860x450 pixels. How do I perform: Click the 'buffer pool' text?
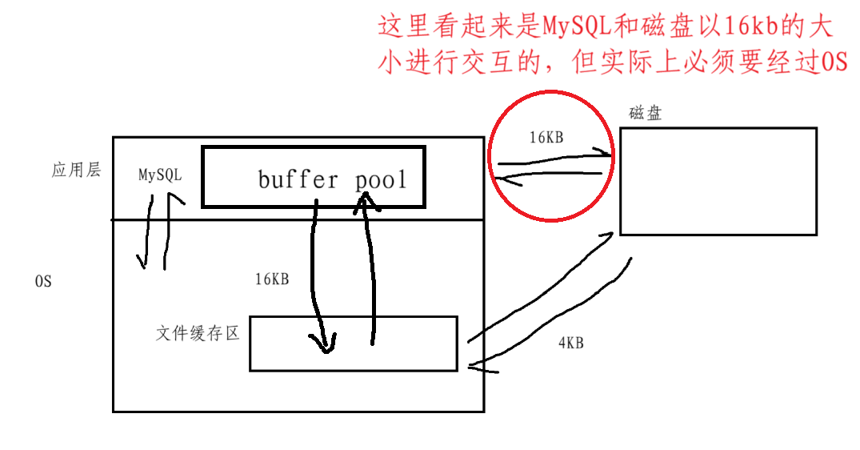coord(332,179)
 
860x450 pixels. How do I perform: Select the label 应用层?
coord(76,170)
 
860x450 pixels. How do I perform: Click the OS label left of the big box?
coord(43,282)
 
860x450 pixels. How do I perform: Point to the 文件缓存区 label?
coord(198,332)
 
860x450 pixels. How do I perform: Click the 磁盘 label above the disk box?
coord(645,113)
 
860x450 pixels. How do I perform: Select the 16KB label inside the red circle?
coord(546,138)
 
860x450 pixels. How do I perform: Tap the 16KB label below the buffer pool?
coord(272,279)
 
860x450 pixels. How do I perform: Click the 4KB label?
coord(570,343)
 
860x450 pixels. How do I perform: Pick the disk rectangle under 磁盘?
coord(718,181)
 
